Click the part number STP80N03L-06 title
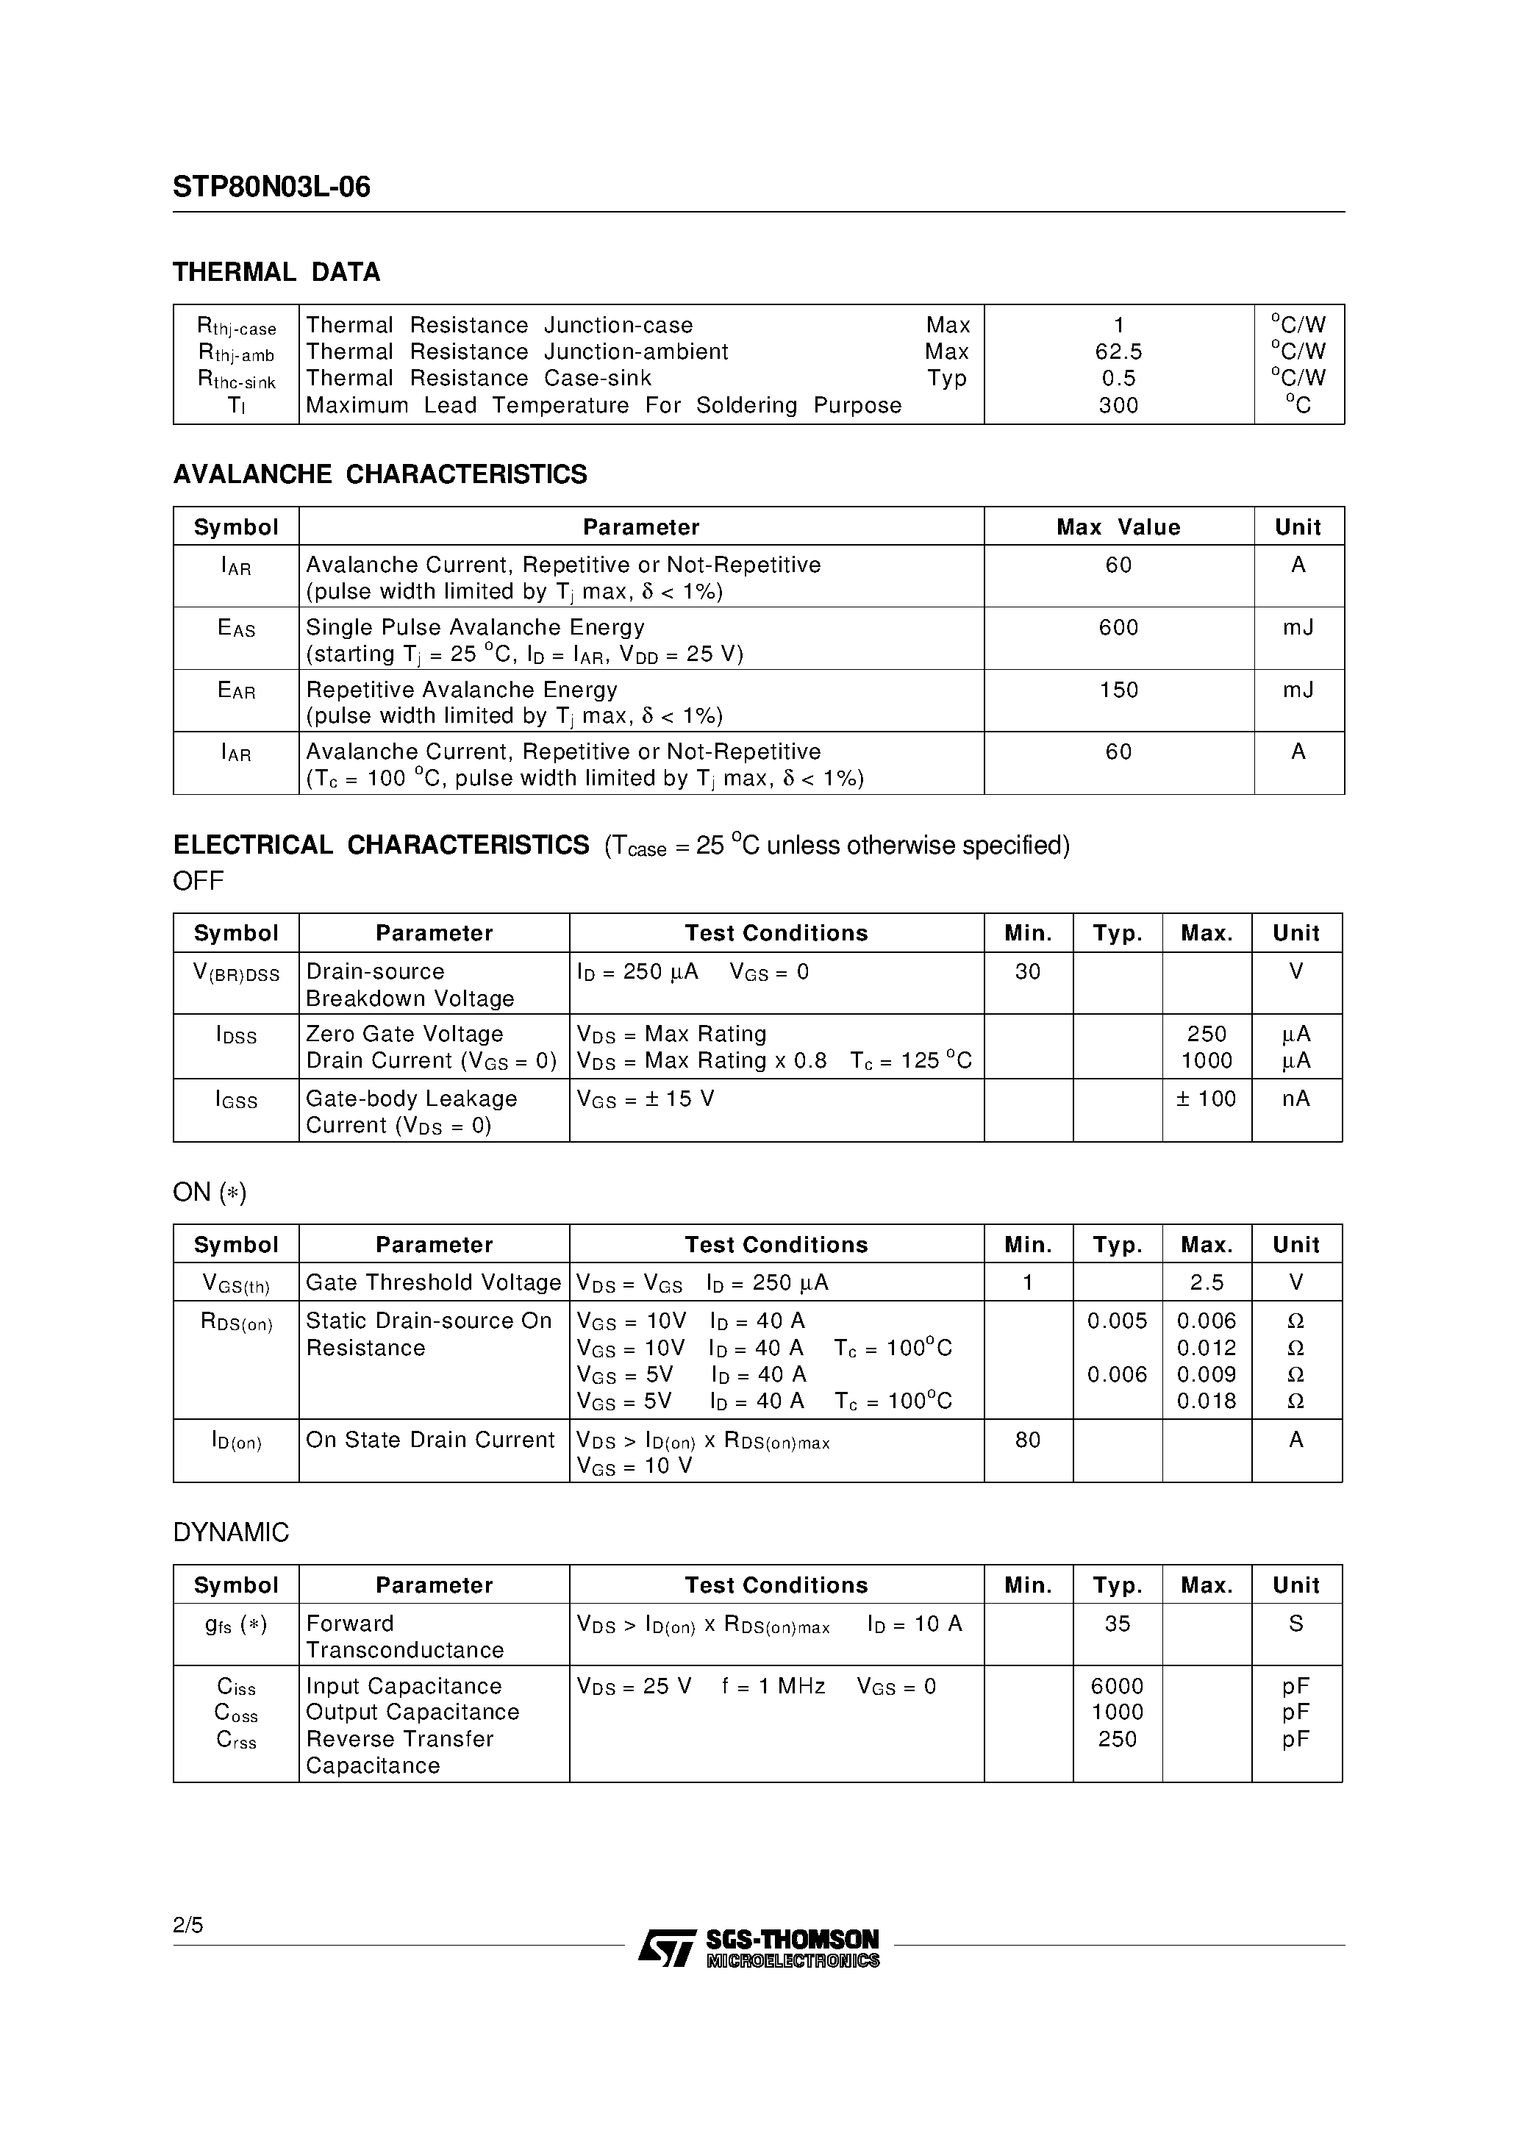(271, 187)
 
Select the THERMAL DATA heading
(276, 273)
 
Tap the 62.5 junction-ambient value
(1118, 352)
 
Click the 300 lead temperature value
(1118, 405)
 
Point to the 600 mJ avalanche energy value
(1118, 627)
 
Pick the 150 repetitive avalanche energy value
(1118, 690)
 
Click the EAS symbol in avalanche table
(236, 629)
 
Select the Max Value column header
(1118, 527)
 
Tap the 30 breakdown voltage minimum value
(1027, 972)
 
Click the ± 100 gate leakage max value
(1207, 1099)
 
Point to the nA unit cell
(1296, 1099)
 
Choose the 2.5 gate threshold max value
(1207, 1283)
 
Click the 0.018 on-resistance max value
(1207, 1401)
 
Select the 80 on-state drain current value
(1027, 1440)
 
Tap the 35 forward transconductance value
(1118, 1624)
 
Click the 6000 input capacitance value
(1118, 1687)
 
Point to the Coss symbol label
(236, 1713)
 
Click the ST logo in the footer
(667, 1949)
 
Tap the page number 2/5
(187, 1925)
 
